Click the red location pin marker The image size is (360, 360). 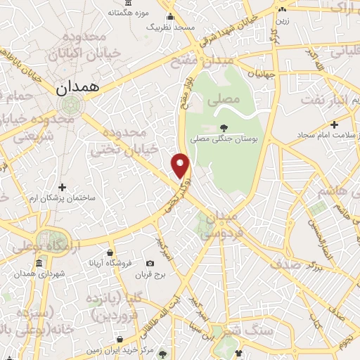pyautogui.click(x=181, y=165)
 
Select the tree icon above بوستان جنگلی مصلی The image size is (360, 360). pyautogui.click(x=224, y=127)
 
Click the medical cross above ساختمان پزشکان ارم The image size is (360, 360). pyautogui.click(x=63, y=187)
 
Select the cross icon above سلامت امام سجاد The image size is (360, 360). pyautogui.click(x=335, y=124)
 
